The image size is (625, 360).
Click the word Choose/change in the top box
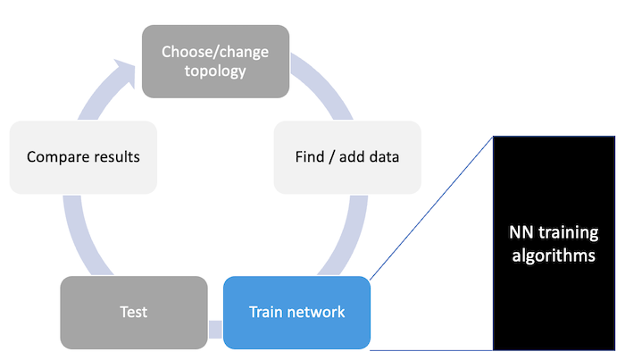click(x=215, y=52)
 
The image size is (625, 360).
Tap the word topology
click(x=215, y=71)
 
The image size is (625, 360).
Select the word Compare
click(x=54, y=157)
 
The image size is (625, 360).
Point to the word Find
click(x=310, y=156)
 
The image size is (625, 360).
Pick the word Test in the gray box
click(x=134, y=312)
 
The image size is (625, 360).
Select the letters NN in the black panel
click(x=521, y=232)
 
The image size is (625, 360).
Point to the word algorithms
click(x=554, y=256)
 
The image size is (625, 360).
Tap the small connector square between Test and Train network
click(x=215, y=330)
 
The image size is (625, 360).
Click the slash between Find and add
click(x=332, y=157)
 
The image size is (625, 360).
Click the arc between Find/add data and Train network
click(x=350, y=239)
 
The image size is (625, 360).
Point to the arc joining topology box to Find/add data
click(x=325, y=83)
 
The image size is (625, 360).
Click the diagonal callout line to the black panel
click(x=431, y=208)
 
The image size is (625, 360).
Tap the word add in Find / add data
click(x=353, y=156)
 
